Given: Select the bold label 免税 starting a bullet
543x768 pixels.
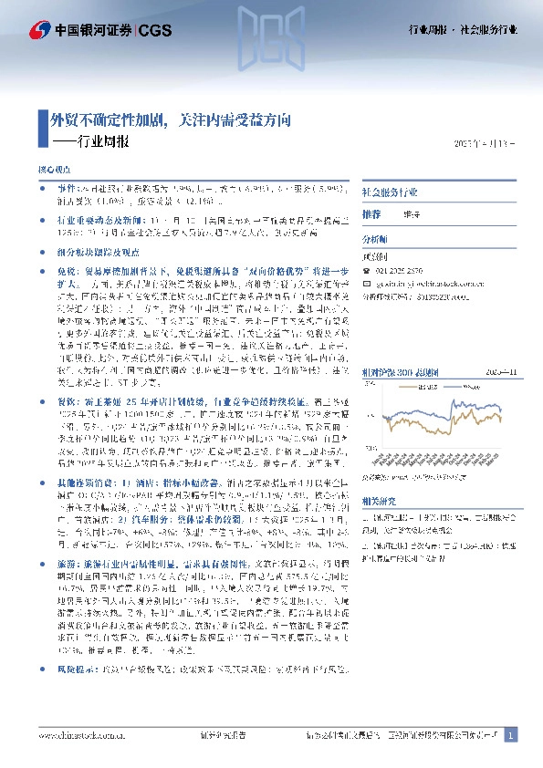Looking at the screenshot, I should pyautogui.click(x=67, y=272).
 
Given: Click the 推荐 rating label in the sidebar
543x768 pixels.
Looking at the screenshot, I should pyautogui.click(x=371, y=213).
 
